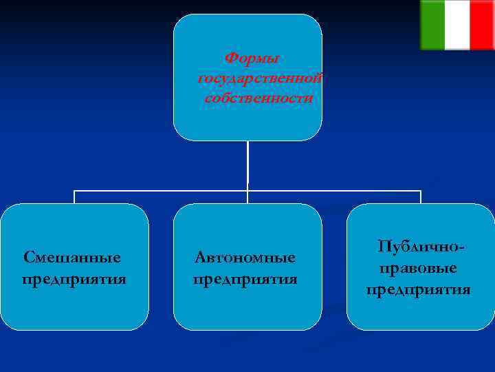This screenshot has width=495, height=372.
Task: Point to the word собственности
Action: coord(258,99)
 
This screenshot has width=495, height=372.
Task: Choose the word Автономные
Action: coord(245,258)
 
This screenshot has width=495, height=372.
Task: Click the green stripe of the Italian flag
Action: coord(432,25)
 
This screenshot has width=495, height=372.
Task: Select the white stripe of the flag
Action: coord(457,25)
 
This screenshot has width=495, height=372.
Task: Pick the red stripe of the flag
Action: coord(481,25)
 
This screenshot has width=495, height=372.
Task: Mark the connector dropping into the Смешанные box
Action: coord(74,197)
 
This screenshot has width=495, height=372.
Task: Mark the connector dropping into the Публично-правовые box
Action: coord(421,197)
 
